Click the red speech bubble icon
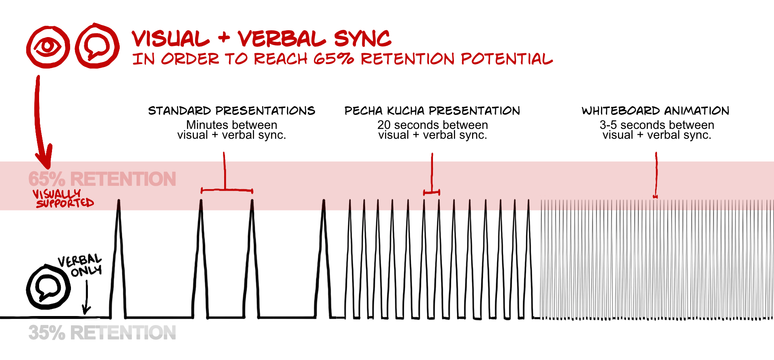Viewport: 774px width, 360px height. pos(97,46)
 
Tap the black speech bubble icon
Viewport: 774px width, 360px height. pos(48,287)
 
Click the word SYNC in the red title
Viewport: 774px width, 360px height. pos(362,39)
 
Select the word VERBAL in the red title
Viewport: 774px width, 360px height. pos(281,39)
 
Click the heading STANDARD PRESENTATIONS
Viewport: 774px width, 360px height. pos(231,111)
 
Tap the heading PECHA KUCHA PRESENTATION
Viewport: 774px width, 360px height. pos(432,111)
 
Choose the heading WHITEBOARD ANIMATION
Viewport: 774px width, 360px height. pos(655,111)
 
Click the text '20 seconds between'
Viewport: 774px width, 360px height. pos(433,125)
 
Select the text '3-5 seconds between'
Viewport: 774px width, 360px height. pos(657,125)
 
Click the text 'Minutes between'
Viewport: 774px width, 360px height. pos(231,125)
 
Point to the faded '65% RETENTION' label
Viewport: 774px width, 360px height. pos(102,179)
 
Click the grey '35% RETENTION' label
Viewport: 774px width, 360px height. pos(102,333)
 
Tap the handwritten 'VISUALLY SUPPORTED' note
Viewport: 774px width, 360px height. pos(63,198)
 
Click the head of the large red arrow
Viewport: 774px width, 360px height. pos(44,159)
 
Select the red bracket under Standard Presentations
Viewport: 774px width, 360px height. pos(227,189)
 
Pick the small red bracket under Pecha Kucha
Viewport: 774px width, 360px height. pos(431,193)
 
